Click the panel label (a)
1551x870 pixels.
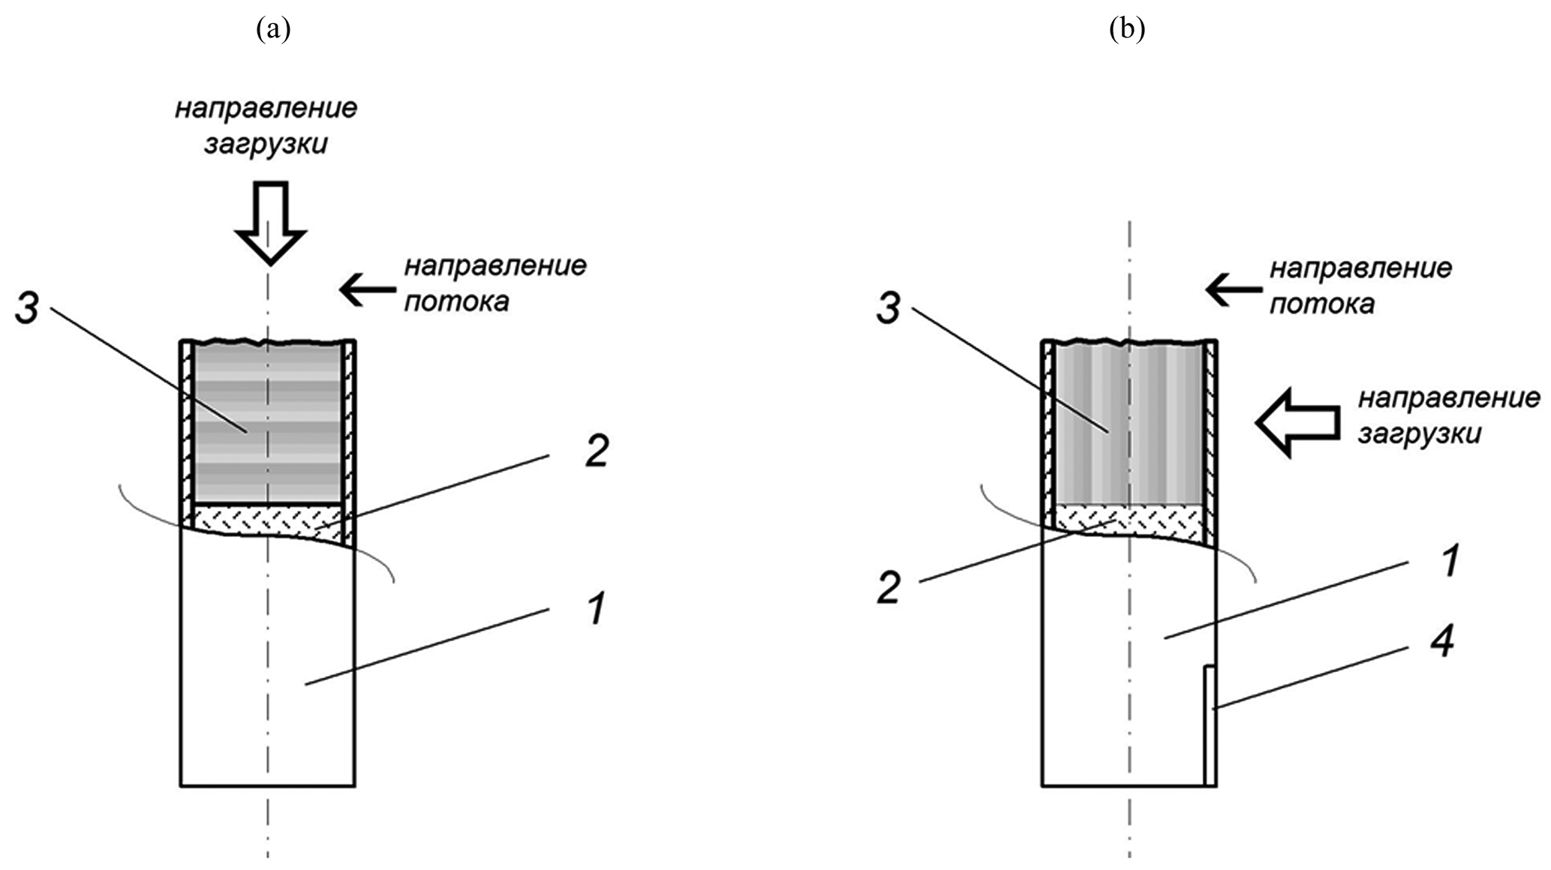pos(272,30)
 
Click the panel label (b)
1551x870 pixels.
pos(1127,30)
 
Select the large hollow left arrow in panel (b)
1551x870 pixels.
pos(1298,422)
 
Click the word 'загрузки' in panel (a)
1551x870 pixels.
pos(266,143)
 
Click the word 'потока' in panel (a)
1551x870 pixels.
pos(456,301)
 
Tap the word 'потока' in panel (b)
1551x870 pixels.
pos(1321,304)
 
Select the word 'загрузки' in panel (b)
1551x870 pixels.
pos(1420,434)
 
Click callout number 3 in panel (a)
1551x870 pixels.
pos(27,308)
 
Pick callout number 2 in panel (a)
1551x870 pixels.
pos(595,452)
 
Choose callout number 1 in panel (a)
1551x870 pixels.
pos(595,609)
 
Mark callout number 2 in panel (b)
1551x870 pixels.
pos(888,589)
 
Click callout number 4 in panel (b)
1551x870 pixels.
pos(1442,643)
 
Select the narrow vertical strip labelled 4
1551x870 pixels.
pos(1209,725)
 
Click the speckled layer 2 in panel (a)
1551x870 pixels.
pos(269,517)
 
